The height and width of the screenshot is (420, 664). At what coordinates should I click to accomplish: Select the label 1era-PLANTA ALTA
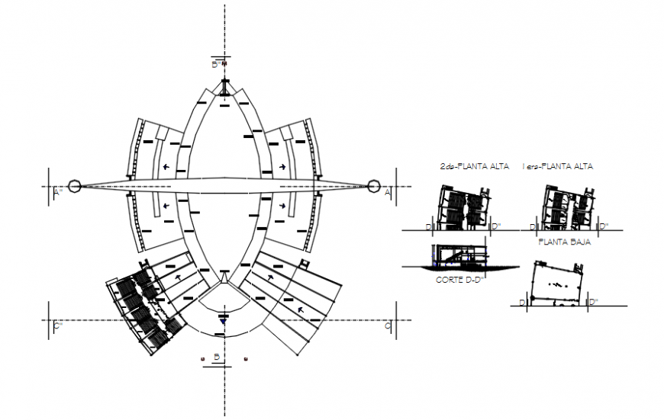558,166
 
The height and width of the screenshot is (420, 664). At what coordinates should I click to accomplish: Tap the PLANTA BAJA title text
564,242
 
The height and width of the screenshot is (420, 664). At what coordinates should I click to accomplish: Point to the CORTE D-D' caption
460,280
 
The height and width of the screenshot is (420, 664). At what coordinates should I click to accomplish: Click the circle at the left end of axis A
74,186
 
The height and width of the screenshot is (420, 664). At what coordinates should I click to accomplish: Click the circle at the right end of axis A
374,186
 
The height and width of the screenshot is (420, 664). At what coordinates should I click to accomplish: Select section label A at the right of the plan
387,194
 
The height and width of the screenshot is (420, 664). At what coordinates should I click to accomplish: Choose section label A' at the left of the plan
56,194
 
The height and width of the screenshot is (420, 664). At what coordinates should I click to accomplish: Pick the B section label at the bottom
217,357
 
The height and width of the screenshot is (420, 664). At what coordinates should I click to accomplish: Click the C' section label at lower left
56,326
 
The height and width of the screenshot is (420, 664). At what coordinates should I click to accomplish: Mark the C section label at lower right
387,326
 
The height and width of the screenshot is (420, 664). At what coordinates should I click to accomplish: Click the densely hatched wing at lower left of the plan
145,309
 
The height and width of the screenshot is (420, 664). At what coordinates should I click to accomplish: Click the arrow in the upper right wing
282,165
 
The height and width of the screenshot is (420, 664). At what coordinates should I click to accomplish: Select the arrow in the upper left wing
166,165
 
